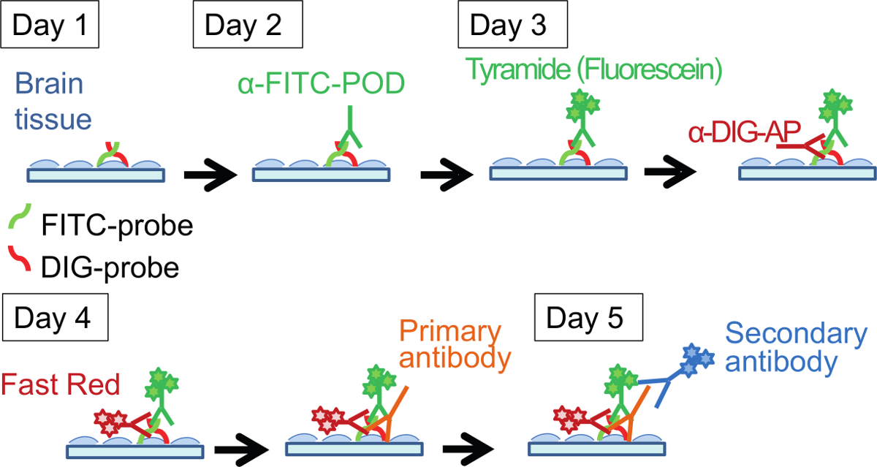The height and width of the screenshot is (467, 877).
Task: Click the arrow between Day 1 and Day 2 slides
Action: (x=210, y=175)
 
